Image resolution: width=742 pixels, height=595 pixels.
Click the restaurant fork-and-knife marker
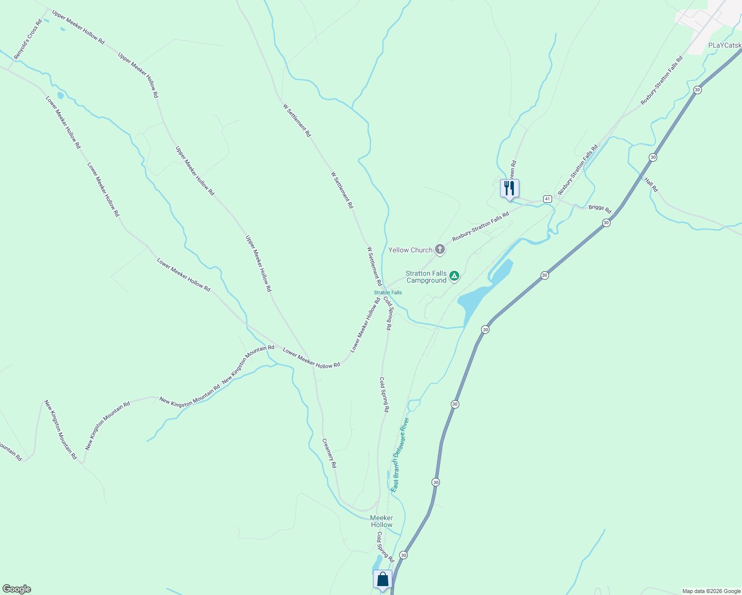coord(509,188)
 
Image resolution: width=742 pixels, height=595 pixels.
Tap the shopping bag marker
coord(382,579)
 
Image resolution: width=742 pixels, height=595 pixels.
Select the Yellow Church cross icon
coord(439,249)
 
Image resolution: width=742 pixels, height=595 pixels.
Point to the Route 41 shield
coord(547,199)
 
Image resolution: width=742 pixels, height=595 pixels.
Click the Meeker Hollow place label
coord(381,521)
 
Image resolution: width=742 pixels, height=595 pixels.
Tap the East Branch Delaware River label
coord(400,455)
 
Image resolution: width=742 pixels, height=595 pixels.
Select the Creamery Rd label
coord(329,453)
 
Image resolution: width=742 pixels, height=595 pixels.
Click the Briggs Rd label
coord(600,209)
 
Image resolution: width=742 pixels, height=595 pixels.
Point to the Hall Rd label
coord(651,185)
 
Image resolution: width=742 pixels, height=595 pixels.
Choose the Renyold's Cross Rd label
coord(27,40)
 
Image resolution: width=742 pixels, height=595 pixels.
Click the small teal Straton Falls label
coord(388,293)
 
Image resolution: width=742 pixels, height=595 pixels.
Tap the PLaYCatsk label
coord(725,46)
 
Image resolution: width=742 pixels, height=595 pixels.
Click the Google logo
coord(16,589)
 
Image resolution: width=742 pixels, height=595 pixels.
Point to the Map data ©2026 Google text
coord(711,591)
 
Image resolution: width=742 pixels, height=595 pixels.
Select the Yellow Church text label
coord(410,250)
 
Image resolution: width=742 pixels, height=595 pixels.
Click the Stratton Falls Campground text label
coord(426,277)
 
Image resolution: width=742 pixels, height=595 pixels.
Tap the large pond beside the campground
coord(476,297)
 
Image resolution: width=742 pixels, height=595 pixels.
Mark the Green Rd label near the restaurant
coord(512,169)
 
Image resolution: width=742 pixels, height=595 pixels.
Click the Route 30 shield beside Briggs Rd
coord(606,223)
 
